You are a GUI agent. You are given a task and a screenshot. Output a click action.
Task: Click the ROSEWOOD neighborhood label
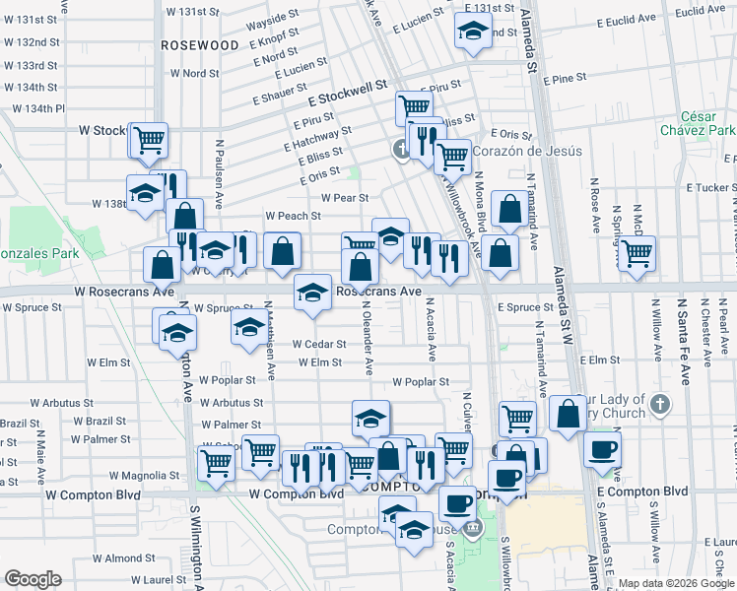click(x=199, y=45)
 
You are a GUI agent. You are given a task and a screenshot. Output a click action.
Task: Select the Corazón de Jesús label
click(x=527, y=151)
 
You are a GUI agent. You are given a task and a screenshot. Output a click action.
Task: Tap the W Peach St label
click(x=293, y=216)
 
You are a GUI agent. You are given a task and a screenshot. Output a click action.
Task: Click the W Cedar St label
click(x=319, y=344)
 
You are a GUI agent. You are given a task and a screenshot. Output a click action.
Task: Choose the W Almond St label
click(x=137, y=558)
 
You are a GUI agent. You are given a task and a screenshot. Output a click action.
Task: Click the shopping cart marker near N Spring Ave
click(x=636, y=252)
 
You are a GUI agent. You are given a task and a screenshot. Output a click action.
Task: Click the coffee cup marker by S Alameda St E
click(x=602, y=449)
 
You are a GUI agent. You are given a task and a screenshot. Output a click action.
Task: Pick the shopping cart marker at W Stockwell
click(x=149, y=140)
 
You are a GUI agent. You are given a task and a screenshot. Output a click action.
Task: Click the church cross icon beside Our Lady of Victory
click(x=659, y=404)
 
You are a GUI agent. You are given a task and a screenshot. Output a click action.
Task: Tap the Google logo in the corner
click(x=33, y=579)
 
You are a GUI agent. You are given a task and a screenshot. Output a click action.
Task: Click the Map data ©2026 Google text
click(x=676, y=583)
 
